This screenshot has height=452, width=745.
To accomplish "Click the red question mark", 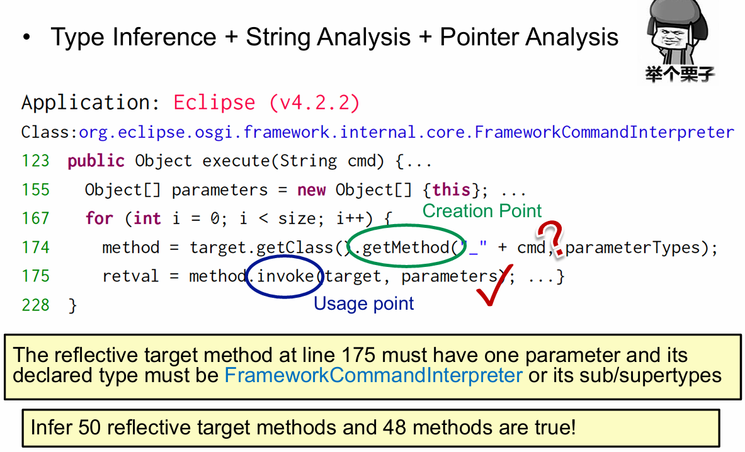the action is [551, 237].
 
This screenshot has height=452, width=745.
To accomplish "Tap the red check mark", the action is [494, 285].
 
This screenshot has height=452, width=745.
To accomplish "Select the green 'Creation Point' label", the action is [482, 211].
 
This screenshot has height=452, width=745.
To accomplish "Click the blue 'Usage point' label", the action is [363, 303].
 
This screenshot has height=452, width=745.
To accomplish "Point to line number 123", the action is [36, 161].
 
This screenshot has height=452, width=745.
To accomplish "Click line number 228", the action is [36, 305].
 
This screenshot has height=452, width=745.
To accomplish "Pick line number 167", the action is [36, 218].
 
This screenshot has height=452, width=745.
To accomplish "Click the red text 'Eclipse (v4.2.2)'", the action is [266, 103].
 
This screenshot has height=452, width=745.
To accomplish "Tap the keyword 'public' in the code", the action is [96, 161].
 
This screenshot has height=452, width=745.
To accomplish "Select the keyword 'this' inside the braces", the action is [452, 190].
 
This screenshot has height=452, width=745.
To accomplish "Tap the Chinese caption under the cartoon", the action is [680, 74].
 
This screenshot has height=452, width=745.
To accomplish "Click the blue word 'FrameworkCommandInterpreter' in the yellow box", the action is [373, 375].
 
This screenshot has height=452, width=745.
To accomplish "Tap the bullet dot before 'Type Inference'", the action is [26, 37].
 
